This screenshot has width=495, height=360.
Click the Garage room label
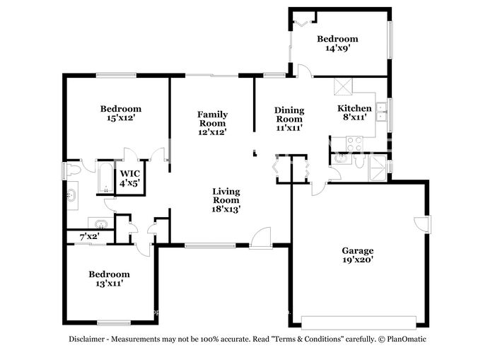coord(358,251)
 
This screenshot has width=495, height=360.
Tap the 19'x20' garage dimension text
coord(358,260)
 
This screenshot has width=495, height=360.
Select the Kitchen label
coord(354,108)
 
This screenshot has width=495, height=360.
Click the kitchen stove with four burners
coord(354,144)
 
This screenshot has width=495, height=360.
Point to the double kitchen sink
coord(382,112)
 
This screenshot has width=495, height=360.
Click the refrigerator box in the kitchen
coord(343,86)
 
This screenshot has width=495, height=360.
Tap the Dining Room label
coord(289,115)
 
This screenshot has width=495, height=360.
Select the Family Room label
coord(212,119)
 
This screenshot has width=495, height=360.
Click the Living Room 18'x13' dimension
coord(226,209)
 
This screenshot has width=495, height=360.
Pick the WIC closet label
coord(129,173)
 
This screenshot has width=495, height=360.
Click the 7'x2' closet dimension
coord(90,236)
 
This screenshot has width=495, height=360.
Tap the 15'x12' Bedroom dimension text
coord(121,118)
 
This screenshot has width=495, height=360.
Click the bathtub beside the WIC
coord(105,177)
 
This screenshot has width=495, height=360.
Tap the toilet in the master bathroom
coord(74,170)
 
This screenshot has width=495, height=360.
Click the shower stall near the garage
coord(378,168)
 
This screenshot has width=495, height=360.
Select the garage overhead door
coord(359,323)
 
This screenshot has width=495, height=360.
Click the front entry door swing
coord(261,238)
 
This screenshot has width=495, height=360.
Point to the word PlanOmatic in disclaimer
coord(407,339)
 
